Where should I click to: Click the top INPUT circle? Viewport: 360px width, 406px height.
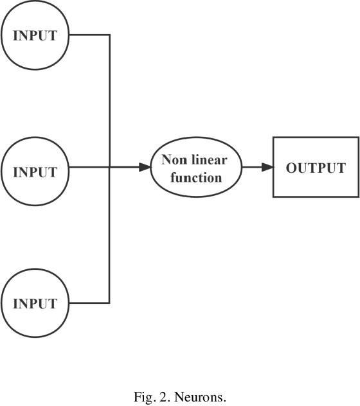[35, 35]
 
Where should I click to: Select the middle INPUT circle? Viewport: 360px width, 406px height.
[35, 172]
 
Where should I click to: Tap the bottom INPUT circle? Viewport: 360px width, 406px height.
[35, 303]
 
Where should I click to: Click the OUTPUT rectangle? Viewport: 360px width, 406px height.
[316, 167]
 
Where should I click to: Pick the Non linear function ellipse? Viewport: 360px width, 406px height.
[196, 167]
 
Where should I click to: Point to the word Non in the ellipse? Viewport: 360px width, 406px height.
[173, 160]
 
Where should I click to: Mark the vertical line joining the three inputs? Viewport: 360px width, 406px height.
[110, 103]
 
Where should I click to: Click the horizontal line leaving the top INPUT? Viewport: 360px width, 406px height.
[89, 35]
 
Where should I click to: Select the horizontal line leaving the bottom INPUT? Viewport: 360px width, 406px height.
[89, 303]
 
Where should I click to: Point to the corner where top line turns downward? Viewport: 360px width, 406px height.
[110, 35]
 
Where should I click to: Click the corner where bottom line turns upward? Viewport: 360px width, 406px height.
[110, 303]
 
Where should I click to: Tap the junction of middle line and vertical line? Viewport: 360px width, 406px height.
[110, 168]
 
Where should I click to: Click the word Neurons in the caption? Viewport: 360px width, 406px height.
[205, 398]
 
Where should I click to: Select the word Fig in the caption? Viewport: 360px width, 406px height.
[141, 398]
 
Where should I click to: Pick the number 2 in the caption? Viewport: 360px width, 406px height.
[157, 398]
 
